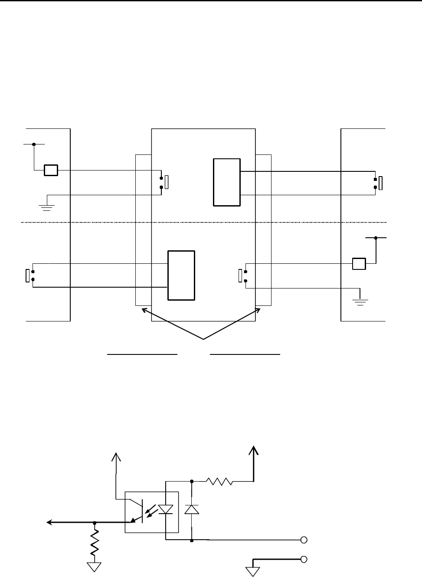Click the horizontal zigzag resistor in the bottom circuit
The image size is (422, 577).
click(x=220, y=481)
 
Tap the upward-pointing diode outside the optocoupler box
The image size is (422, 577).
click(x=192, y=509)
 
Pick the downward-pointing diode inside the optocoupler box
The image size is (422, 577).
click(x=165, y=509)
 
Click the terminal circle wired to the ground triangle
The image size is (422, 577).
click(x=304, y=559)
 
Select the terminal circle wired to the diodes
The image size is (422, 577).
click(x=304, y=540)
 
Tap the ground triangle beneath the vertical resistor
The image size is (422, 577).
click(x=95, y=567)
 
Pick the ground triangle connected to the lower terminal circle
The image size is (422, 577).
click(x=252, y=572)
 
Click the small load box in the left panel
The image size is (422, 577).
click(x=51, y=170)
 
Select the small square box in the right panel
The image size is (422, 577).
click(x=359, y=263)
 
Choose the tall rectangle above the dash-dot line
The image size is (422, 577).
click(x=227, y=182)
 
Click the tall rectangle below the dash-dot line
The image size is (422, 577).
click(x=181, y=275)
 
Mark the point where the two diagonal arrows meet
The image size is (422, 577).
click(x=203, y=338)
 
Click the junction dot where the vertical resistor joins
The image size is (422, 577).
click(x=95, y=523)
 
